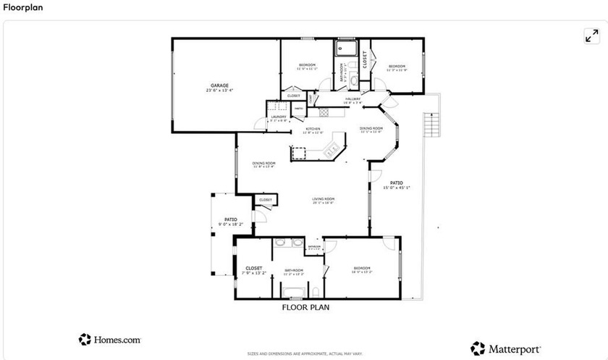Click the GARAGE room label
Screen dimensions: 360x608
coord(220,86)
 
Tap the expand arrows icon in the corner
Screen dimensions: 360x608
coord(591,36)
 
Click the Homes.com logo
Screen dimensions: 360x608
coord(109,339)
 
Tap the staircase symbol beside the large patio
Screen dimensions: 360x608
coord(432,125)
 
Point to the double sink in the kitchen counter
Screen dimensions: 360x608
coord(333,150)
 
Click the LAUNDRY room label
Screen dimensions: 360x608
coord(279,117)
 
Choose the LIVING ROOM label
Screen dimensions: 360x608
coord(323,199)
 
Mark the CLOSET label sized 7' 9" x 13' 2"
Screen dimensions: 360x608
coord(254,269)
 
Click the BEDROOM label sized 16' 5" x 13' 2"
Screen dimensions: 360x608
coord(362,269)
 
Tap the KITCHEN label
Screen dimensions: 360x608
coord(313,130)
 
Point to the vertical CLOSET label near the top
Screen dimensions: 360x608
coord(365,59)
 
